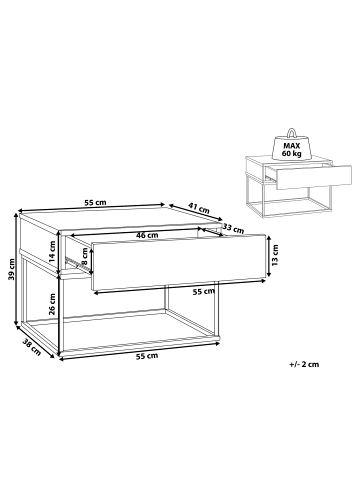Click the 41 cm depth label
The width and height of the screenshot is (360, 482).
click(199, 209)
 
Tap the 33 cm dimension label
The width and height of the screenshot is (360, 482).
click(233, 229)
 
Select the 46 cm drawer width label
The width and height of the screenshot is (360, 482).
click(147, 235)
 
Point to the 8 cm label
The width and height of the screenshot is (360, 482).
click(86, 257)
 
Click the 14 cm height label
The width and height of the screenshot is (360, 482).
click(53, 252)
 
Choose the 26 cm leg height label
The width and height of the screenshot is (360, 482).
click(52, 304)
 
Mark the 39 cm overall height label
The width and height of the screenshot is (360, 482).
click(11, 269)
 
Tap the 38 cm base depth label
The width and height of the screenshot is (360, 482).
click(32, 347)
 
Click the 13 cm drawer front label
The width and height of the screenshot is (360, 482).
click(275, 255)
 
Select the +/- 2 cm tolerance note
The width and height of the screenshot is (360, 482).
click(304, 364)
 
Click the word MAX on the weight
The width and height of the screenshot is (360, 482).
click(292, 146)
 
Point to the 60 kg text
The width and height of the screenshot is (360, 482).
click(291, 154)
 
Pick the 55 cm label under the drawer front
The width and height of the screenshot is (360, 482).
click(204, 292)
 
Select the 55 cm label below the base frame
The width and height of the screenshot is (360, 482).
click(147, 356)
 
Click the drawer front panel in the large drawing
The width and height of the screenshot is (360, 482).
click(179, 263)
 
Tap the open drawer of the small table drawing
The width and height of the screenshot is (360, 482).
click(313, 177)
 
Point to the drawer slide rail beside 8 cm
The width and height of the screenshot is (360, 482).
click(74, 263)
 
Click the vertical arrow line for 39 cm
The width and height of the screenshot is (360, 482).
click(16, 270)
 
